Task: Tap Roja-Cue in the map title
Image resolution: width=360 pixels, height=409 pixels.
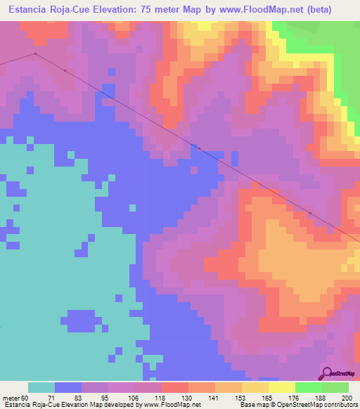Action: tap(86, 9)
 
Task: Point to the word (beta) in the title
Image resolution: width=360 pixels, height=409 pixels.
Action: tap(335, 9)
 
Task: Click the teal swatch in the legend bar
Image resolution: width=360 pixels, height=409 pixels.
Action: tap(41, 387)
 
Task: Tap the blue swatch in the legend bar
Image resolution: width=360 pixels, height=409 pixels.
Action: tap(67, 387)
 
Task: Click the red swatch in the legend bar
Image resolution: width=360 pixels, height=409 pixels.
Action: tap(174, 387)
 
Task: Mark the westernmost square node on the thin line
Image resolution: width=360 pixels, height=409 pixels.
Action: tap(35, 53)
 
